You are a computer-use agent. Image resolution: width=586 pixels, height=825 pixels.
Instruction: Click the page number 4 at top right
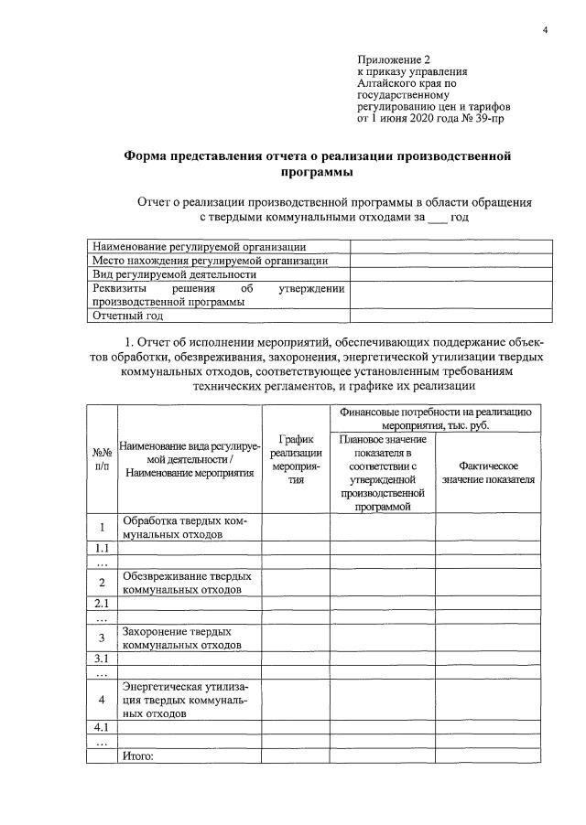pyautogui.click(x=545, y=30)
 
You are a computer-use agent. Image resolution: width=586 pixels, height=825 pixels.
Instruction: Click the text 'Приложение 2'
pyautogui.click(x=387, y=59)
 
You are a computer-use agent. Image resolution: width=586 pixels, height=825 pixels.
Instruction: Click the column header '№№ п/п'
pyautogui.click(x=103, y=459)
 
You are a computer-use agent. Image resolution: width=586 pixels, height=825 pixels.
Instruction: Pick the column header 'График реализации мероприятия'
pyautogui.click(x=296, y=459)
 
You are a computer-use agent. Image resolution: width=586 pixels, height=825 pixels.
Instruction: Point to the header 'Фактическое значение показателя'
pyautogui.click(x=488, y=473)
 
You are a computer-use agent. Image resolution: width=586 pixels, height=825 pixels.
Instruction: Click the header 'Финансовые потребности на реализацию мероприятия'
pyautogui.click(x=435, y=419)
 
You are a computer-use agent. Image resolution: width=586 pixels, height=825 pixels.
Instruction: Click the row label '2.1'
pyautogui.click(x=103, y=603)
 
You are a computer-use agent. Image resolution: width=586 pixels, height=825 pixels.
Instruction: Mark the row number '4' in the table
pyautogui.click(x=103, y=699)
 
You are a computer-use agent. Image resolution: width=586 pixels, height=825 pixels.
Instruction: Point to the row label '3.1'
pyautogui.click(x=103, y=659)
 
